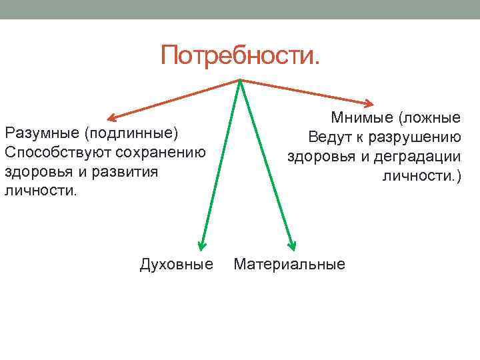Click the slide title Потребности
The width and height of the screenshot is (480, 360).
(239, 55)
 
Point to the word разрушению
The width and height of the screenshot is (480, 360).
(417, 138)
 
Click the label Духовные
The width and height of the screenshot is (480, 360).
(177, 265)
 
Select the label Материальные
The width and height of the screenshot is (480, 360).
(289, 265)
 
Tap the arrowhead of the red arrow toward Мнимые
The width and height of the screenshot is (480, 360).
(371, 103)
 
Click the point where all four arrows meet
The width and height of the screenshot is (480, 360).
(239, 81)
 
